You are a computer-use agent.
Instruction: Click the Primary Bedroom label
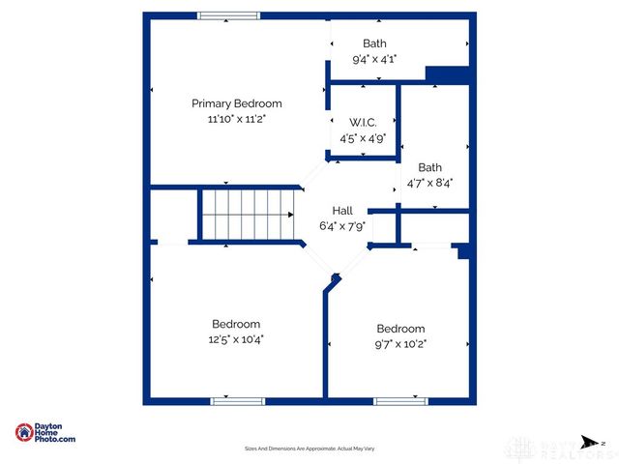(236, 103)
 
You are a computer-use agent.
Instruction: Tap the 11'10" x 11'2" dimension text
(236, 119)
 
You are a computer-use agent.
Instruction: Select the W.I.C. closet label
(363, 122)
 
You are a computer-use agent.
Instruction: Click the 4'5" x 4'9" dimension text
(363, 137)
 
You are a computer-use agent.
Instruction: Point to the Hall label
(343, 211)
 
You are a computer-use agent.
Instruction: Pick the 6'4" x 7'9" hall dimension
(343, 226)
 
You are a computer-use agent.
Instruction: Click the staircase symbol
(247, 215)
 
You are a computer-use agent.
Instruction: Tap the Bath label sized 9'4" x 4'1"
(374, 43)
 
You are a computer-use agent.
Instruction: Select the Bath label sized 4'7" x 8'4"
(429, 166)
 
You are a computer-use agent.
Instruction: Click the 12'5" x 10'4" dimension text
(236, 339)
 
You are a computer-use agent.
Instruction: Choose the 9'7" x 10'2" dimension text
(400, 343)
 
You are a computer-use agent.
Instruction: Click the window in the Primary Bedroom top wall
(229, 15)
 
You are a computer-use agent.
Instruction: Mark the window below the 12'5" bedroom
(237, 400)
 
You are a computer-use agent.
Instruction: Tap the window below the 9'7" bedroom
(400, 400)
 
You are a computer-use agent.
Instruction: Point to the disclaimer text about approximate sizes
(309, 449)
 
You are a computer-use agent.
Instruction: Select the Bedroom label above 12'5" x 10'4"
(236, 324)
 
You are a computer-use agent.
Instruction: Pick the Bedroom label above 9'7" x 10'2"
(400, 328)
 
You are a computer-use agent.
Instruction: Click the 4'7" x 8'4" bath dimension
(429, 182)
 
